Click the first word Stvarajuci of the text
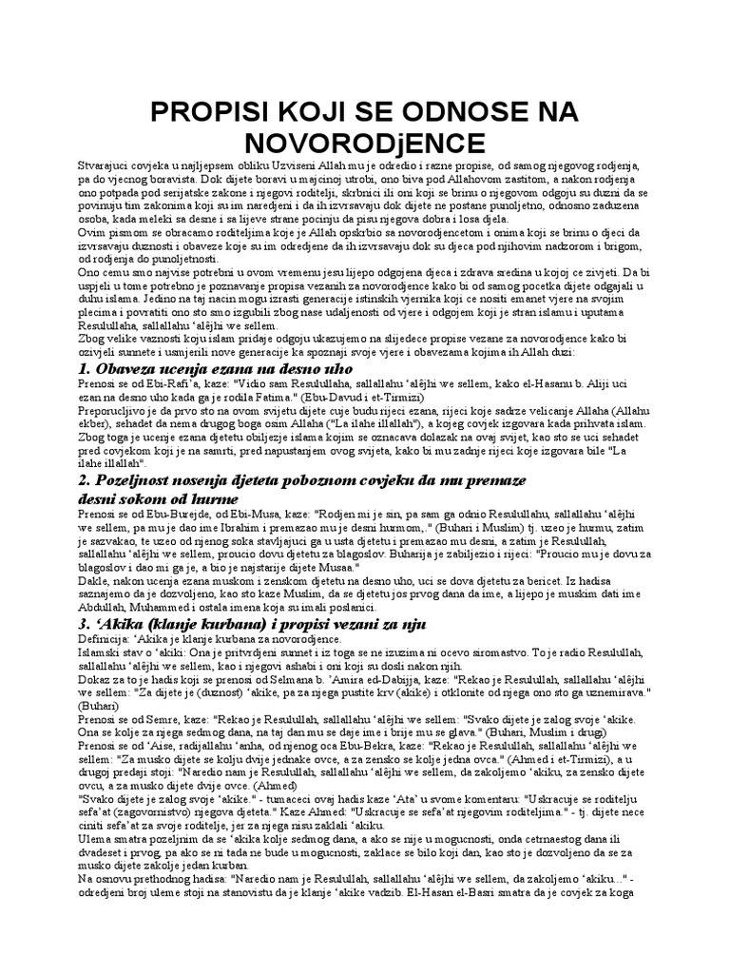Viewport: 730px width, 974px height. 105,166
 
